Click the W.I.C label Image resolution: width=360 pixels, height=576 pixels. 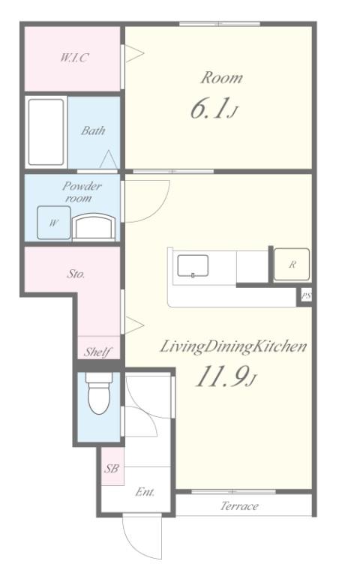coord(74,58)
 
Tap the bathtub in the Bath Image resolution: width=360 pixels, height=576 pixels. coord(46,132)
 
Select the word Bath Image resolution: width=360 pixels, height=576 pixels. coord(93,130)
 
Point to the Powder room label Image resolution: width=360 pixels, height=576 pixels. coord(82,192)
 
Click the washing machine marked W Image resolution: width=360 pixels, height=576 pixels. coord(54,223)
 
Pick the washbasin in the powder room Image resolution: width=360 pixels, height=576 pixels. coord(94,228)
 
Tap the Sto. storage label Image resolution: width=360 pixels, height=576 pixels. coord(76,273)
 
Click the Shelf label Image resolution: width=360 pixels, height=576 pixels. coord(97,352)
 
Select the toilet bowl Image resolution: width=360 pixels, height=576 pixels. coord(99,394)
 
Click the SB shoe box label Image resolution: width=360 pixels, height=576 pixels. coord(111,468)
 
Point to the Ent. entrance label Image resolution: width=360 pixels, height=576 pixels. coord(145,491)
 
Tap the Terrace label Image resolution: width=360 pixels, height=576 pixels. coord(239,505)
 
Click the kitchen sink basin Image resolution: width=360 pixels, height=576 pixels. coord(193,265)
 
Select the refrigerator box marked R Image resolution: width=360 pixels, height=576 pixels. coord(292,264)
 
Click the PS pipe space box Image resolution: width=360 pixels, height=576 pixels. coord(306,295)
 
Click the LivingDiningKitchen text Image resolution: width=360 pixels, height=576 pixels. coord(233,346)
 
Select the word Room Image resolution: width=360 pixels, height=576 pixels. coord(221,78)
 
